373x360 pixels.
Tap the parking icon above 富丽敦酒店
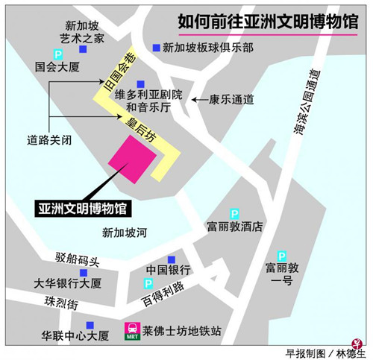point(234,213)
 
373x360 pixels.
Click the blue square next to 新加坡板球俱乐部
point(156,47)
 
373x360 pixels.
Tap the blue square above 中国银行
point(172,257)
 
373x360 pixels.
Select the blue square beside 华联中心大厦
point(90,325)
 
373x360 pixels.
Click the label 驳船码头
point(78,259)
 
